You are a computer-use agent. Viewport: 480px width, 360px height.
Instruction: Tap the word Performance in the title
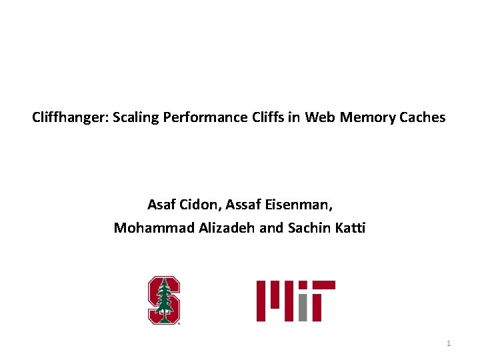pos(194,118)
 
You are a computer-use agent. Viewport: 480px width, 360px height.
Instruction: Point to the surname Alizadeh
pos(227,228)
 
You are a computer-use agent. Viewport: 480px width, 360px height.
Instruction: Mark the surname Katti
pos(350,228)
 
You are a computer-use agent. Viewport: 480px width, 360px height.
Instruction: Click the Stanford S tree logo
pos(164,300)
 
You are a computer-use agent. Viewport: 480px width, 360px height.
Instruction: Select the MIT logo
pos(295,301)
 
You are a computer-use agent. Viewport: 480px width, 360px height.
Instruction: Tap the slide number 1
pos(449,343)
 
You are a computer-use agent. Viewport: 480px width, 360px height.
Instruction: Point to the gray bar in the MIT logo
pos(302,307)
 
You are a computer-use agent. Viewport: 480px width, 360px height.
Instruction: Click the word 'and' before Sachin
pos(271,228)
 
